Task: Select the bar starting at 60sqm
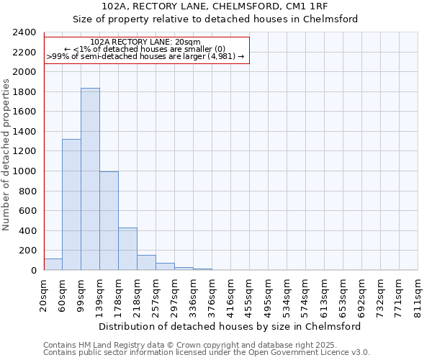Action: point(71,204)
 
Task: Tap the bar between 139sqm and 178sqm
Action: point(109,221)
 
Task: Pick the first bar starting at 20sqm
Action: point(53,264)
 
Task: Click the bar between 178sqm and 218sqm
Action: point(127,249)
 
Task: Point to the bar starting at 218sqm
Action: point(146,263)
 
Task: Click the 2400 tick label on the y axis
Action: point(24,32)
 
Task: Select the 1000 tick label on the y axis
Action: point(24,171)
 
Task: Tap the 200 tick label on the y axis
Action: point(27,251)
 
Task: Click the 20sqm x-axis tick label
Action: point(44,292)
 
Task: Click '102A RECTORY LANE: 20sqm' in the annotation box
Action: point(146,42)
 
